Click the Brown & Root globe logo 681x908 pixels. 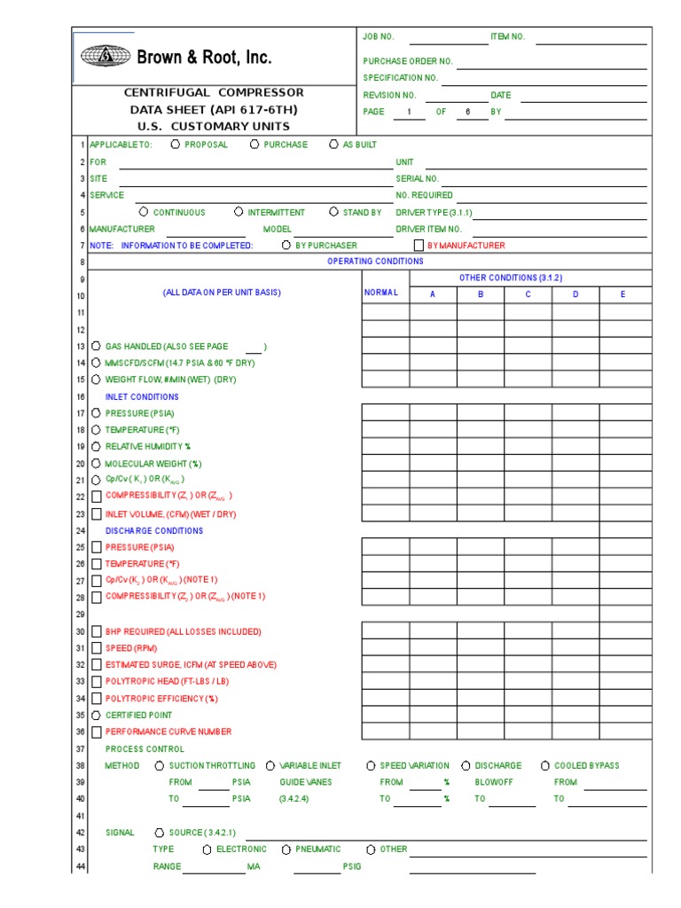[105, 57]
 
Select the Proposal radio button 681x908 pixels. [175, 145]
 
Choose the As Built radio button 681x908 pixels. [333, 145]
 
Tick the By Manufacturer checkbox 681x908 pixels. [419, 246]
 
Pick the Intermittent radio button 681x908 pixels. [239, 213]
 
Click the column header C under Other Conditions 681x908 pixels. [528, 294]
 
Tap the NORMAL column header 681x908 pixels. [382, 294]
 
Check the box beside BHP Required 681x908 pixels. [96, 632]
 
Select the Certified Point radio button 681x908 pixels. [96, 716]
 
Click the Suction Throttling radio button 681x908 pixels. [160, 766]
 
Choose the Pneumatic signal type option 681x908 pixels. [286, 849]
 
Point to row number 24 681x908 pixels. [80, 531]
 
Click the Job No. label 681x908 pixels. [379, 36]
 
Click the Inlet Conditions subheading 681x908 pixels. [142, 397]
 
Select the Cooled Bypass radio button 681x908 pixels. [545, 766]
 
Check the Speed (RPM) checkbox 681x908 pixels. [96, 649]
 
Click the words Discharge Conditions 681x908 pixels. [154, 531]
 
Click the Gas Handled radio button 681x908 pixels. [96, 347]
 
